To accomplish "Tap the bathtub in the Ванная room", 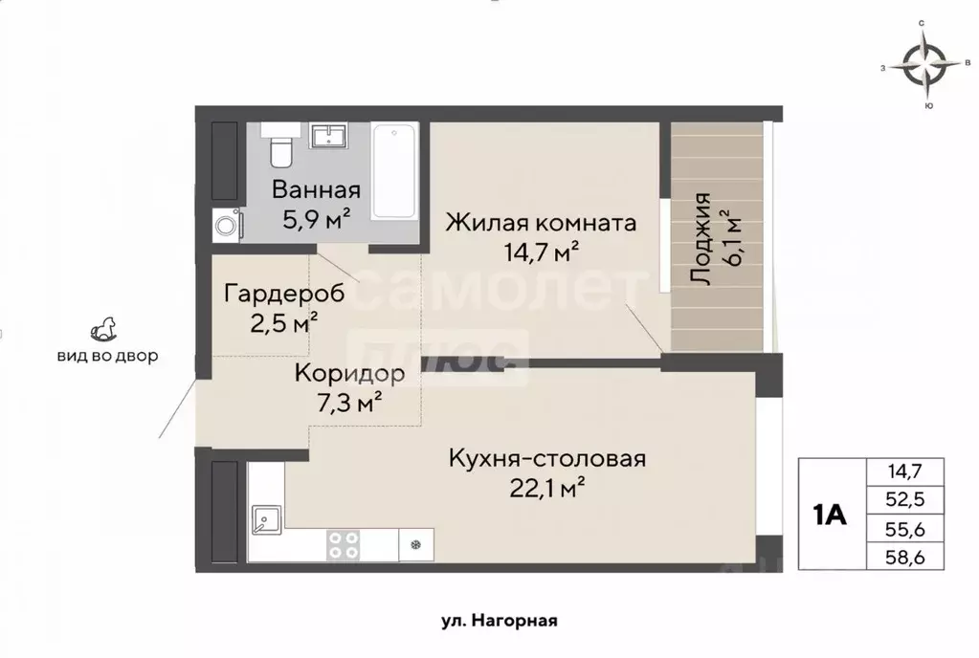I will pos(394,171).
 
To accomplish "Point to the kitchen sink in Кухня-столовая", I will pos(263,521).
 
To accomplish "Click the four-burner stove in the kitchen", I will pos(344,545).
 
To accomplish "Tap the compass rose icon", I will pos(924,67).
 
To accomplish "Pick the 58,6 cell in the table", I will pos(904,555).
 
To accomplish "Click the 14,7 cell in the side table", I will pos(904,471).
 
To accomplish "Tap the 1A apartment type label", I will pos(829,515).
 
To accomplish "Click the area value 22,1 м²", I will pos(546,489).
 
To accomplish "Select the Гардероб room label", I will pos(271,293).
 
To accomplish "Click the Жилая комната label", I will pos(542,224).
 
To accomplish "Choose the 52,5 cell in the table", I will pos(904,498).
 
